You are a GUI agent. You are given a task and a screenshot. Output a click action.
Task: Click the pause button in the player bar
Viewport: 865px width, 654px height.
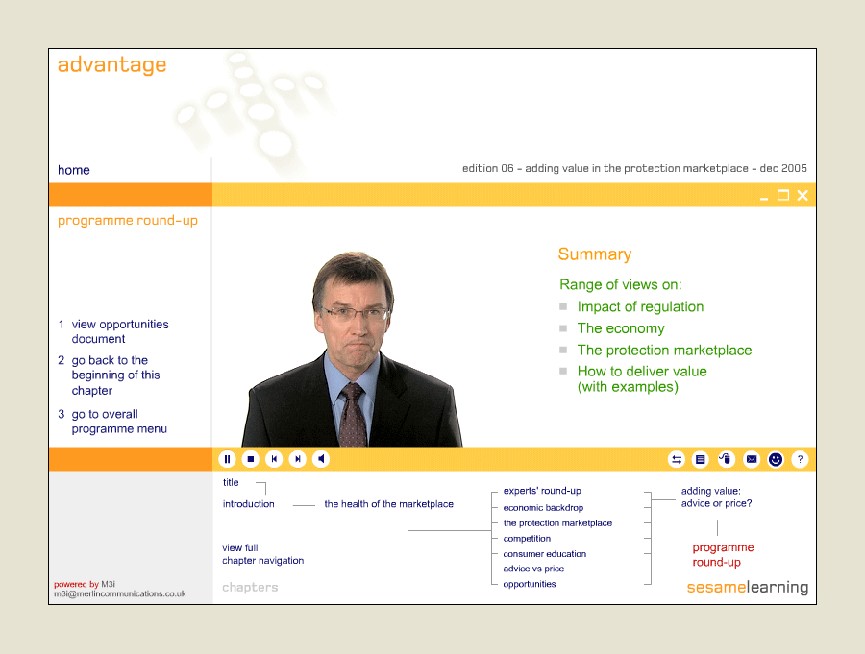tap(227, 459)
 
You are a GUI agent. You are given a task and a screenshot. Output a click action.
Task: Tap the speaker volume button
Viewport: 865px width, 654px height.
tap(321, 459)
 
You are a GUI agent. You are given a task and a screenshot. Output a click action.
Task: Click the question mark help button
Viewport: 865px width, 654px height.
tap(800, 459)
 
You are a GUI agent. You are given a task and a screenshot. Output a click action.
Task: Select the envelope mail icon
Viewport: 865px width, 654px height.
tap(752, 459)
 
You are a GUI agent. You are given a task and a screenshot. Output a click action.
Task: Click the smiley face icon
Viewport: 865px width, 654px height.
tap(776, 459)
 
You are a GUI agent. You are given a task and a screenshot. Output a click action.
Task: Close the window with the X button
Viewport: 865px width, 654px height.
tap(803, 195)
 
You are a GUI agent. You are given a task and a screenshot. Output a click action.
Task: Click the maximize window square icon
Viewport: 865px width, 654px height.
tap(782, 195)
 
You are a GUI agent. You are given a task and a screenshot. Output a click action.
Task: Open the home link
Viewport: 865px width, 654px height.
tap(74, 170)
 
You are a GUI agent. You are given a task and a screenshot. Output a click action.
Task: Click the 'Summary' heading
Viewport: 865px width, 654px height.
tap(595, 254)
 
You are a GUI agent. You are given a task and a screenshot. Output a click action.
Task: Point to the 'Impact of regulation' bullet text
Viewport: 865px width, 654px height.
tap(640, 306)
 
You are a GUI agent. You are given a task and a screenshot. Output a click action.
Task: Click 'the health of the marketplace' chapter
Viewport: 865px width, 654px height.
tap(389, 504)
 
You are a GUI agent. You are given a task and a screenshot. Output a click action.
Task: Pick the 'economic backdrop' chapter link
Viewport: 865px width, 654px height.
tap(543, 507)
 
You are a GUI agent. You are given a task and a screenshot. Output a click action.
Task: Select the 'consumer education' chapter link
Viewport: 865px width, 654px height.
tap(545, 553)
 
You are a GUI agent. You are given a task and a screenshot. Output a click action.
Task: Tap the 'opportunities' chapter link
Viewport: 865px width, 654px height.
tap(530, 584)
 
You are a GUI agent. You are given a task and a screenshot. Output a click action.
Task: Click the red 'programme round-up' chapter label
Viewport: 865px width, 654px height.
tap(723, 555)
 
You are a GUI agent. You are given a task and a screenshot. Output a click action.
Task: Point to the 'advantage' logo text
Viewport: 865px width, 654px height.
tap(112, 65)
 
